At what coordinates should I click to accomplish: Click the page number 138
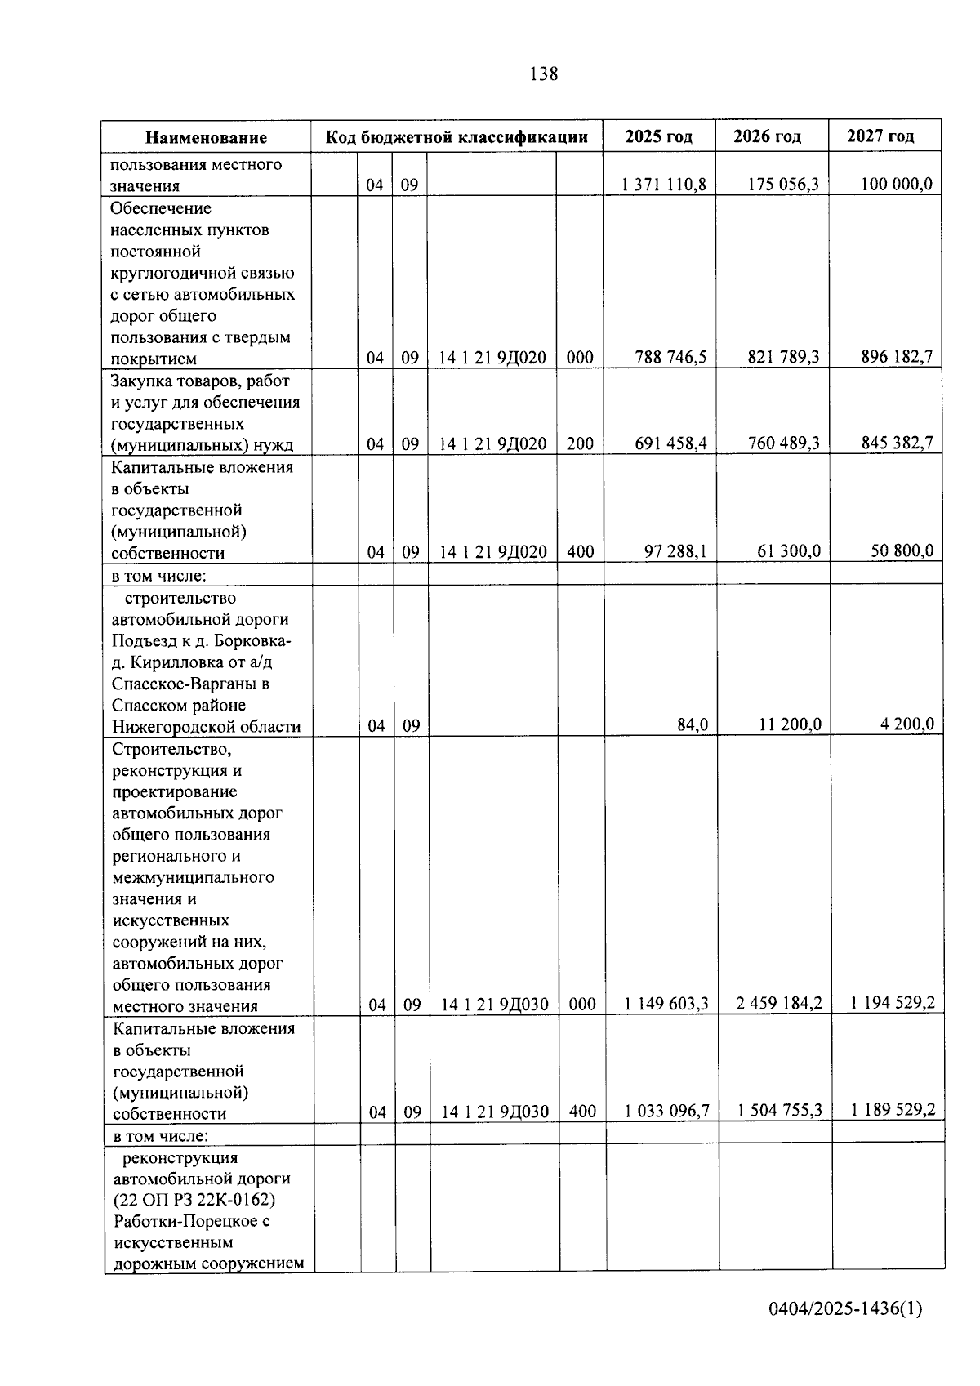(x=544, y=74)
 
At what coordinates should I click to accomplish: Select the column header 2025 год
(x=658, y=137)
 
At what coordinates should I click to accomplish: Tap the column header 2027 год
(x=880, y=136)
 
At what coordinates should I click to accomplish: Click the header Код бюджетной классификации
(x=457, y=137)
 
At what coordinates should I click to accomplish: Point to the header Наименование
(x=207, y=138)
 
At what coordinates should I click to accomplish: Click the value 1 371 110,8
(x=663, y=185)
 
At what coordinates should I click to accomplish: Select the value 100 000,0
(x=896, y=185)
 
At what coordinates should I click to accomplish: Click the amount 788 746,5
(x=670, y=357)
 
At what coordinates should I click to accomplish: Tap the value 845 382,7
(x=897, y=443)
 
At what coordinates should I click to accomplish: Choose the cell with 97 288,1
(x=675, y=551)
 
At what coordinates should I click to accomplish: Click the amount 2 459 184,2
(x=778, y=1003)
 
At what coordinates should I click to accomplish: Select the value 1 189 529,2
(x=893, y=1110)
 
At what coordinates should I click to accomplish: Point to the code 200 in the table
(x=580, y=443)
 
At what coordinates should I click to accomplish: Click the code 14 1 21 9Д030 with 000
(x=495, y=1005)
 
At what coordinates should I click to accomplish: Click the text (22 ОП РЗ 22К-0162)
(x=194, y=1200)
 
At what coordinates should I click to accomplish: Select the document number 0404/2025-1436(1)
(x=844, y=1332)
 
